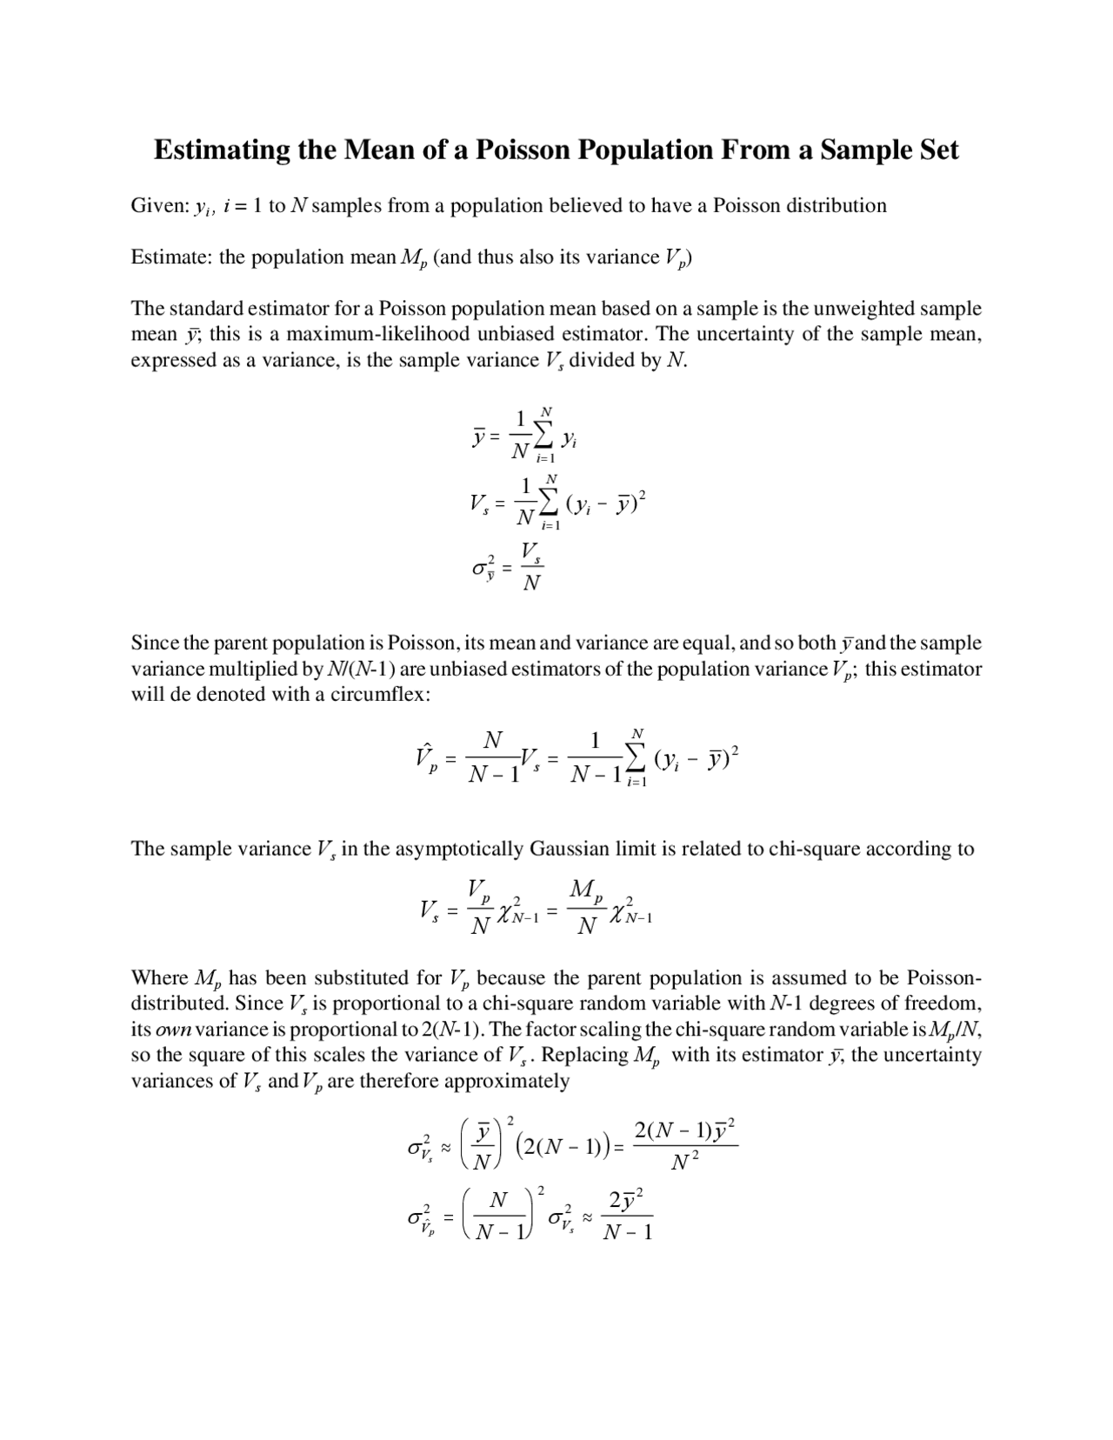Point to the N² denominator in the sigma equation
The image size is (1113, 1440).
(686, 1163)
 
